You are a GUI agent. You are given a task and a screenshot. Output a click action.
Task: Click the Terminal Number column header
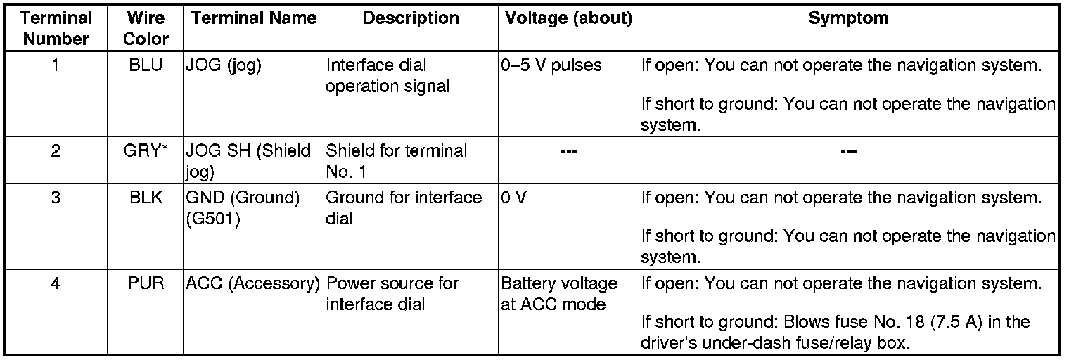(x=57, y=28)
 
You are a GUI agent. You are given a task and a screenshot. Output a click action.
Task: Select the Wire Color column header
(x=146, y=28)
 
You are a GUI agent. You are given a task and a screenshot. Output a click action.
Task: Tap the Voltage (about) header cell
(x=568, y=19)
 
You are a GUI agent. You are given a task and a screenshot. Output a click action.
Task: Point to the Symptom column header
(x=848, y=19)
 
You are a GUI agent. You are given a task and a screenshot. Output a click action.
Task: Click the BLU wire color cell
(x=146, y=66)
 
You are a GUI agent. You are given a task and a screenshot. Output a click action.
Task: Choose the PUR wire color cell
(x=146, y=284)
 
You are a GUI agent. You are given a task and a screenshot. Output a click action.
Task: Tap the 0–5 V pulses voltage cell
(x=552, y=66)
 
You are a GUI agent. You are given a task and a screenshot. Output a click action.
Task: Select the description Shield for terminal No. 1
(x=397, y=160)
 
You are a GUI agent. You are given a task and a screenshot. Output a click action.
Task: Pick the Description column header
(x=411, y=19)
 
